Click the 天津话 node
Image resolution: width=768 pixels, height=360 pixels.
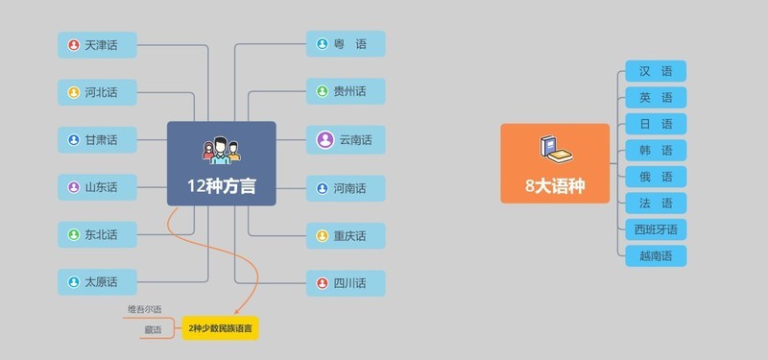[x=96, y=44]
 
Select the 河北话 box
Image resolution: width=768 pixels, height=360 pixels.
[x=96, y=92]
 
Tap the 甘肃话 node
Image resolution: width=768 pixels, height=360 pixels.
[x=96, y=140]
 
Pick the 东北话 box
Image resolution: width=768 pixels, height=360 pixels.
[x=96, y=234]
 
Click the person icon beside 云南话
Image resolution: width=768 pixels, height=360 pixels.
[x=324, y=140]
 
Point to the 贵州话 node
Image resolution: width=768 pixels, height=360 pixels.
[x=346, y=92]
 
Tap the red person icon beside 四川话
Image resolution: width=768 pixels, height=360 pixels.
[x=324, y=283]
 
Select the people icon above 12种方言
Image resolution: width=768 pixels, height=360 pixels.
[x=221, y=150]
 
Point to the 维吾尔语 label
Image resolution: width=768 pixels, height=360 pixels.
[x=144, y=309]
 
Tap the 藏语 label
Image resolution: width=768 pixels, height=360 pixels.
[x=153, y=329]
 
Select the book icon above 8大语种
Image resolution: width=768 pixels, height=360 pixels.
[x=554, y=147]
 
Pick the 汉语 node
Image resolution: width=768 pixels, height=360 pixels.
[x=656, y=71]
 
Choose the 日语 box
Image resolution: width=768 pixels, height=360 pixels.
[x=656, y=124]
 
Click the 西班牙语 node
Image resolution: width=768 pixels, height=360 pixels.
[x=656, y=229]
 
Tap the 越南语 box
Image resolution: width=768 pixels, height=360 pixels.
[x=656, y=256]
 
